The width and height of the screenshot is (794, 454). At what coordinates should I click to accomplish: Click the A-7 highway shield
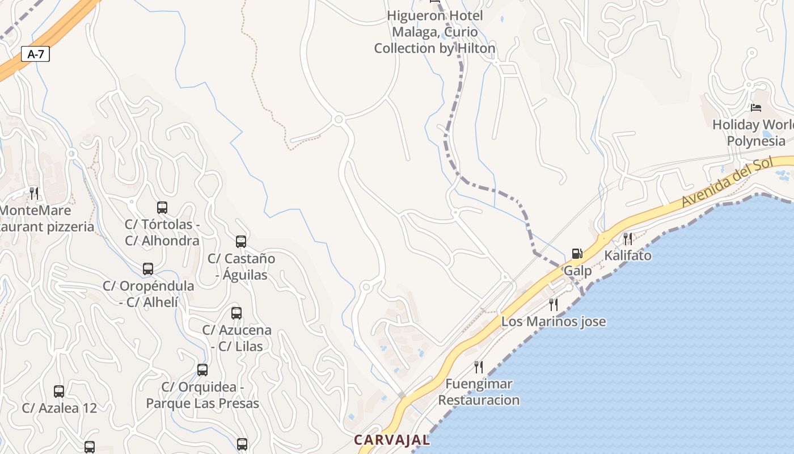pos(36,54)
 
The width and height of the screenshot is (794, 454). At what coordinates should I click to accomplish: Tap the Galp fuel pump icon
pos(577,254)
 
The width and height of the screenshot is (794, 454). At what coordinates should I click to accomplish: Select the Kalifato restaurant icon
pos(628,238)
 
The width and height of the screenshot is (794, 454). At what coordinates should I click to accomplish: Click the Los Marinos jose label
pos(554,322)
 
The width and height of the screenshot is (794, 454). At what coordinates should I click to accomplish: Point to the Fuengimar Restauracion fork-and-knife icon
pos(479,367)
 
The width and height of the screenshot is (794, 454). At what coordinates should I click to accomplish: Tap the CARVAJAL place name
pos(392,440)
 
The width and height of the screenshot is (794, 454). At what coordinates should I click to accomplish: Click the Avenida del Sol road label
pos(727,182)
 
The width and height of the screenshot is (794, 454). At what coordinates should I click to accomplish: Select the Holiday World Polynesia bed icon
pos(755,107)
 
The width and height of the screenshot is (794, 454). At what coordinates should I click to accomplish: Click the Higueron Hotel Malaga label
pos(435,32)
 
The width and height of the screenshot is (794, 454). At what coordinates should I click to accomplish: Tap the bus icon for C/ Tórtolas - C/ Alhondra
pos(162,208)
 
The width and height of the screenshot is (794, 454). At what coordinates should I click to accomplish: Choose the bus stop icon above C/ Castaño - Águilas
pos(241,242)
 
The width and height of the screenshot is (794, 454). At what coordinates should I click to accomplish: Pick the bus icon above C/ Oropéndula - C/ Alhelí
pos(148,269)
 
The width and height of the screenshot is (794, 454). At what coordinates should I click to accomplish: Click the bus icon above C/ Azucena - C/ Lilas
pos(236,313)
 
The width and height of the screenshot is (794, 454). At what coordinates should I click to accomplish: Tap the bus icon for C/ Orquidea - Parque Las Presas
pos(202,370)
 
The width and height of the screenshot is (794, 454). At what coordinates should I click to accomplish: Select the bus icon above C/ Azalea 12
pos(59,391)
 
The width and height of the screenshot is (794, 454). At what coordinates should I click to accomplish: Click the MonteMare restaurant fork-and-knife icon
pos(34,194)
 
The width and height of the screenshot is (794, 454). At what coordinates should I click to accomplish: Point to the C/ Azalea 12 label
pos(60,408)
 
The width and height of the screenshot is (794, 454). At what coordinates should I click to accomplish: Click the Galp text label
pos(577,271)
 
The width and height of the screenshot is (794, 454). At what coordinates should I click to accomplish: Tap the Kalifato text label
pos(628,255)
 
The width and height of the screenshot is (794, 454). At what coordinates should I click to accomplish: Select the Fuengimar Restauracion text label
pos(479,392)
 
